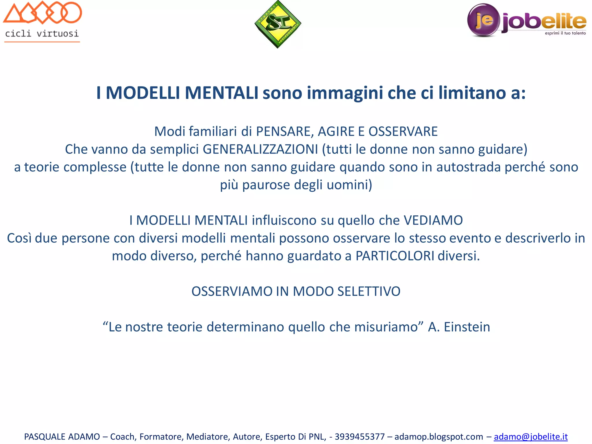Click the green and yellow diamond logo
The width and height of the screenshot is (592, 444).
277,24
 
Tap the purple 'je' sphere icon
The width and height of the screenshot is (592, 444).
483,20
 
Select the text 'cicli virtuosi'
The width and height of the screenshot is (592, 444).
42,34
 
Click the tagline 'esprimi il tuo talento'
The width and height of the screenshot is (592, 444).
565,33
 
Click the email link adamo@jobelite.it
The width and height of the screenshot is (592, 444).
530,436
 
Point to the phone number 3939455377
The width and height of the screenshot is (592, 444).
360,436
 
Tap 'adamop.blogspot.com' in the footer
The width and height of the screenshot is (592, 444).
439,436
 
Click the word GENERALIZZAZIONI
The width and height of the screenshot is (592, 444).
260,149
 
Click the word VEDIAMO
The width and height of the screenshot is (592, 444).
433,220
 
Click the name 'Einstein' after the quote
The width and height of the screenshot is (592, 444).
467,327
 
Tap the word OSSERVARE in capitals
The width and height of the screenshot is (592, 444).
403,132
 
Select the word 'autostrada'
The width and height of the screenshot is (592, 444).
468,167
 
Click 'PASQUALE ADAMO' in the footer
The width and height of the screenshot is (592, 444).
62,436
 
